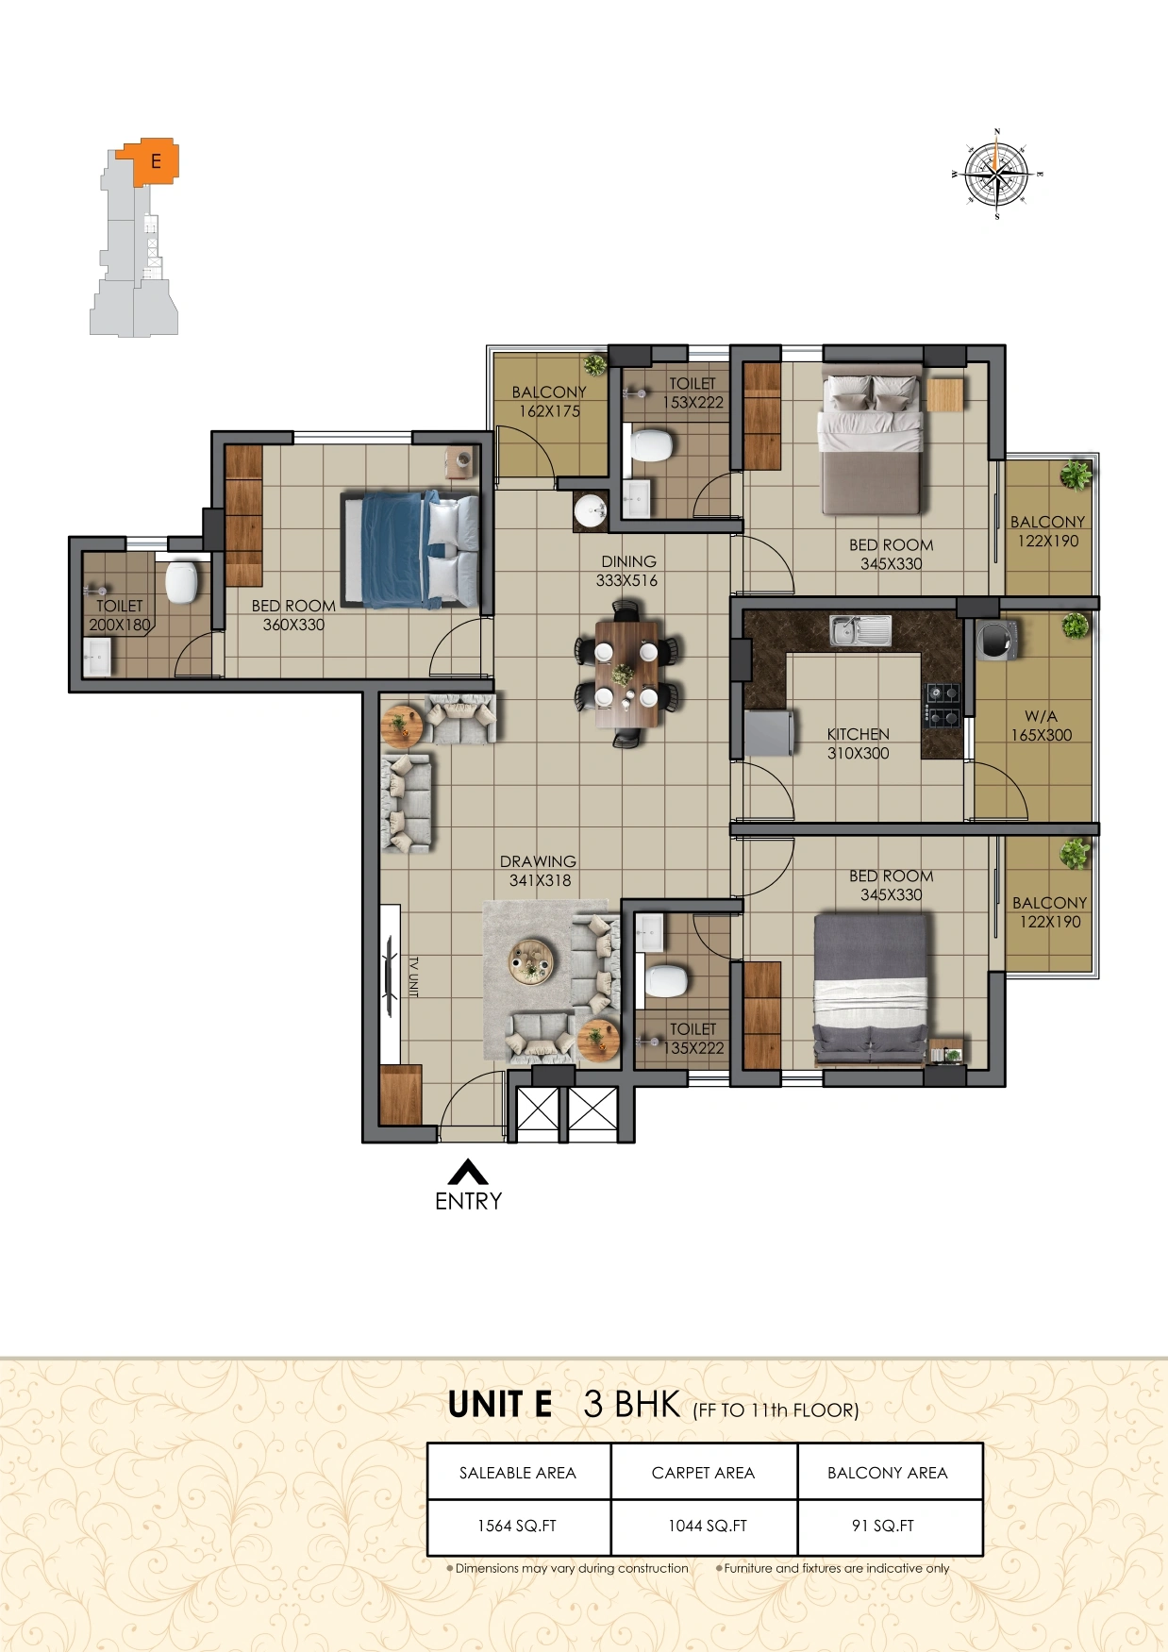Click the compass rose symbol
[x=997, y=175]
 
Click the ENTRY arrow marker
[x=468, y=1172]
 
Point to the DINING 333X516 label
[x=627, y=571]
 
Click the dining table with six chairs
[x=626, y=674]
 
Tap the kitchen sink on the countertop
[x=860, y=630]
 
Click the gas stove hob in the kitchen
[x=942, y=706]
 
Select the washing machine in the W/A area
[x=995, y=639]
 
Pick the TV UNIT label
[x=412, y=976]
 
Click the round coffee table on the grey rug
[x=532, y=963]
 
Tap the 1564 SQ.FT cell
[x=518, y=1526]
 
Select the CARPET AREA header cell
[x=703, y=1472]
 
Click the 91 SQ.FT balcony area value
[x=883, y=1526]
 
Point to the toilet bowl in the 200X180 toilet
[x=182, y=582]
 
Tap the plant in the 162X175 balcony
[x=594, y=364]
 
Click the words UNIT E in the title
[x=500, y=1405]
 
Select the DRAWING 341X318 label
[x=539, y=871]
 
